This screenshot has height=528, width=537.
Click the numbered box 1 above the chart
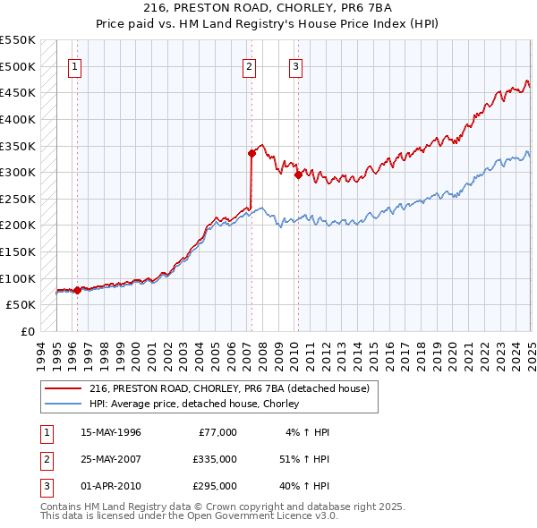coord(75,65)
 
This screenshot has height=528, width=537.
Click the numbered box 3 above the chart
coord(295,65)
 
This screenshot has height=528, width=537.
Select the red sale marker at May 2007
coord(252,153)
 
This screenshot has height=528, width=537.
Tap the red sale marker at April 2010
coord(297,175)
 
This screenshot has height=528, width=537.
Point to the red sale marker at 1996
coord(77,290)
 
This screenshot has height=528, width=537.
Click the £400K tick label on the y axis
coord(18,119)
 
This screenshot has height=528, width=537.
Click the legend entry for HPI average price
coord(193,405)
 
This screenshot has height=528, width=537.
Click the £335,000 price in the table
coord(215,459)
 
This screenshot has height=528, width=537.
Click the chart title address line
coord(268,9)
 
